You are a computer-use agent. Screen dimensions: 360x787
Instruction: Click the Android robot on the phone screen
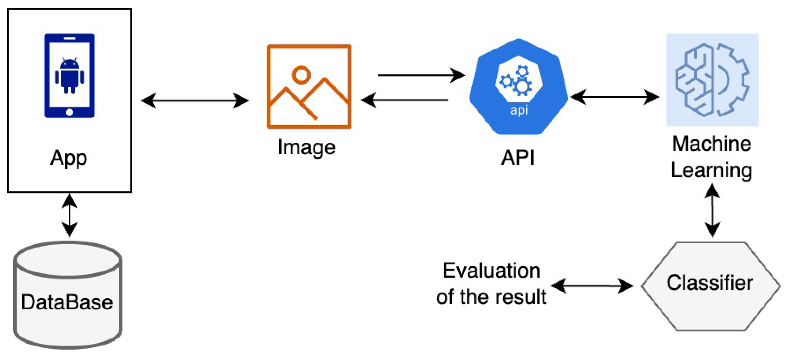click(69, 75)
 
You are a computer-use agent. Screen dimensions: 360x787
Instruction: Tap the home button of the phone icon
click(69, 112)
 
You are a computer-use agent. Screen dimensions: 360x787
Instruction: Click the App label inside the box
click(69, 158)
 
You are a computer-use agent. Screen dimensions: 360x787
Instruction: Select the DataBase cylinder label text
click(67, 302)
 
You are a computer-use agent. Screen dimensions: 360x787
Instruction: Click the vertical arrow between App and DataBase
click(69, 215)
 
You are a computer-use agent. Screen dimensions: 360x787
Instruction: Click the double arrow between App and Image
click(195, 101)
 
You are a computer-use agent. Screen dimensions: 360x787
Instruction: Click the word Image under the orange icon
click(307, 148)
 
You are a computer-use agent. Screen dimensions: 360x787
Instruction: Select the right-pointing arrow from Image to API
click(421, 75)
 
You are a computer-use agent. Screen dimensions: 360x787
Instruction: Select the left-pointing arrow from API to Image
click(404, 100)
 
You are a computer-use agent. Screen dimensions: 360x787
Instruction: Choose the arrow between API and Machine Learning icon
click(615, 97)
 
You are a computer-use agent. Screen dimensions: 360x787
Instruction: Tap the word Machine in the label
click(712, 144)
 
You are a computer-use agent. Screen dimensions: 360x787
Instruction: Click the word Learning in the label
click(712, 170)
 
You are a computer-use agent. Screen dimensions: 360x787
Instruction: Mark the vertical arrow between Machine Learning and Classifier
click(712, 210)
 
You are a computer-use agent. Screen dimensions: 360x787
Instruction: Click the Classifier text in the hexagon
click(710, 283)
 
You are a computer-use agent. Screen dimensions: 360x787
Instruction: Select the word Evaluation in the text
click(491, 271)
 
